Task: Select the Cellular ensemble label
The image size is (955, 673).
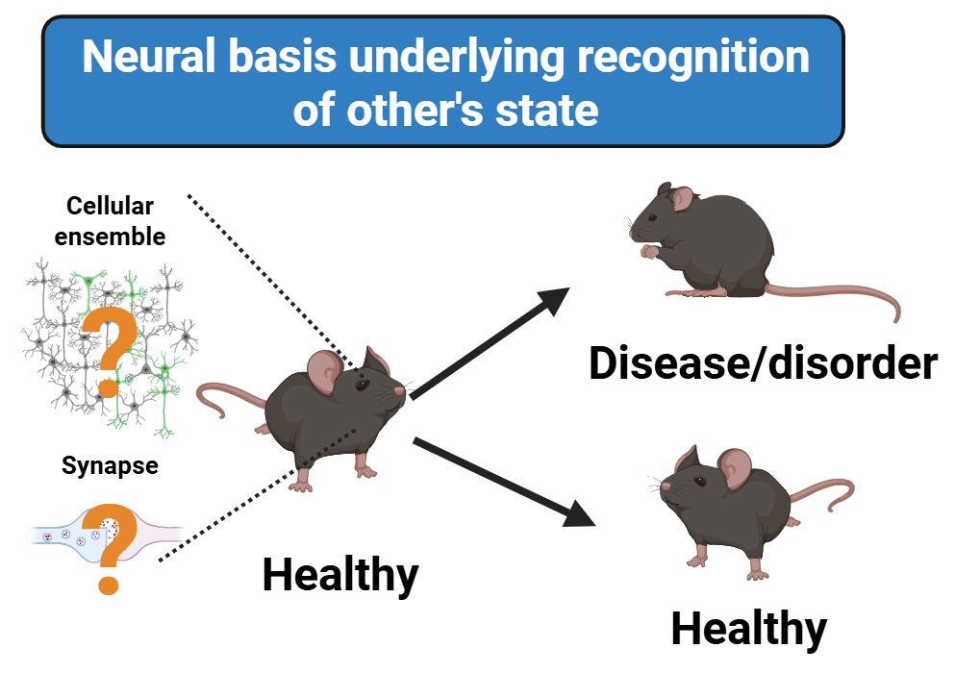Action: click(110, 220)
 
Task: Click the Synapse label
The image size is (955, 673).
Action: click(110, 467)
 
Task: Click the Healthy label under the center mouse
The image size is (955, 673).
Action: click(340, 575)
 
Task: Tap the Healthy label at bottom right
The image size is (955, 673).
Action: click(748, 629)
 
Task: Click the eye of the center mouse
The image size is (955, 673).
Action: click(362, 384)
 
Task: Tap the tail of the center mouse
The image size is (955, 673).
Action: click(221, 395)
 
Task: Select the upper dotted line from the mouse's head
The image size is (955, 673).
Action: click(269, 280)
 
